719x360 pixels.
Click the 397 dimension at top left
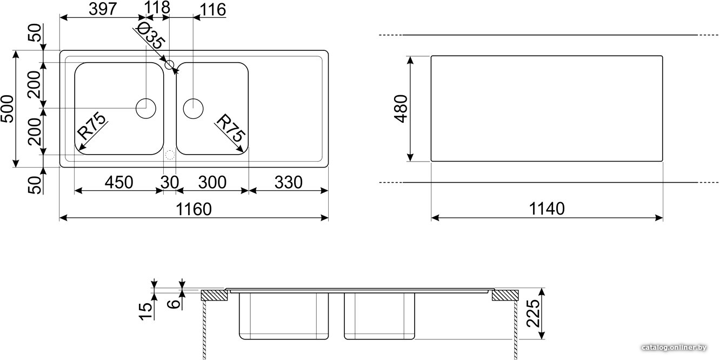click(x=102, y=9)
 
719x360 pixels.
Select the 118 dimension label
click(x=157, y=7)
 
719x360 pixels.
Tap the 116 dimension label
click(x=213, y=10)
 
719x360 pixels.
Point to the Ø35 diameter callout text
click(x=150, y=37)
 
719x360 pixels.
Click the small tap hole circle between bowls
click(x=170, y=64)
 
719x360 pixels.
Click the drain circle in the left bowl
click(x=146, y=109)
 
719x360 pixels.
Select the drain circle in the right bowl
click(x=193, y=109)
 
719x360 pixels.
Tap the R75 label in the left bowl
click(x=91, y=125)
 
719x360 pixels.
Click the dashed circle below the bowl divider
click(x=170, y=155)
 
